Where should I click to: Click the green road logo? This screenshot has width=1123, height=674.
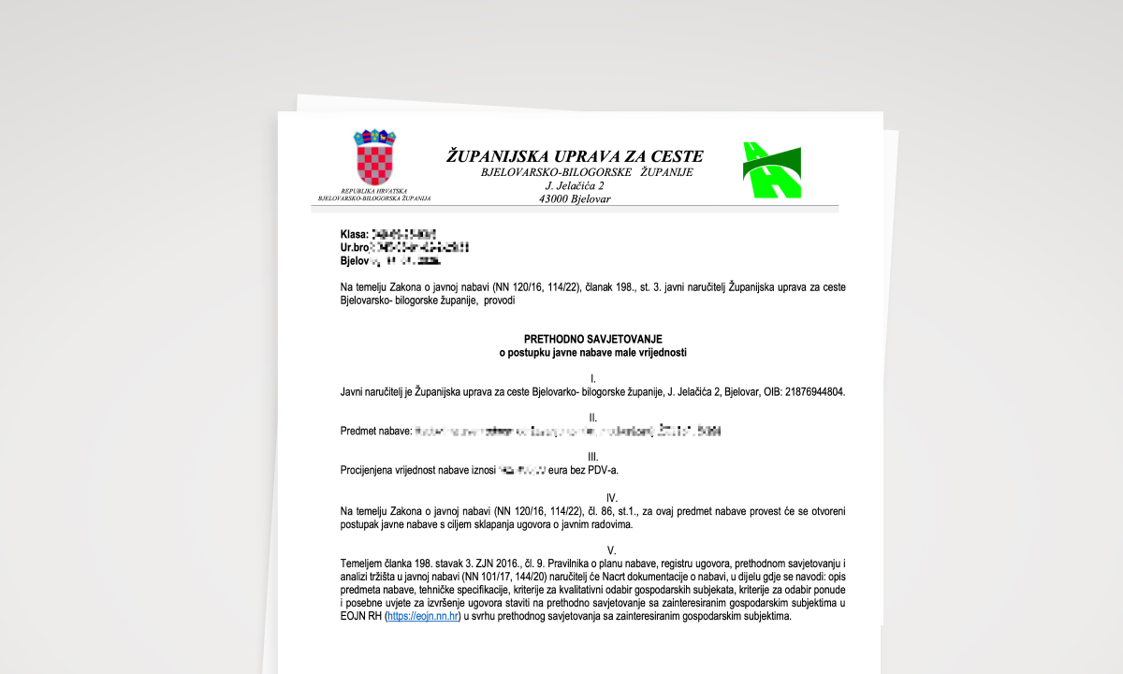point(772,170)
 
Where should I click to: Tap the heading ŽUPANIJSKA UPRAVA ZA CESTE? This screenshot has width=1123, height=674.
point(575,156)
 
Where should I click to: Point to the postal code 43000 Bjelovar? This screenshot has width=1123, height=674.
point(575,199)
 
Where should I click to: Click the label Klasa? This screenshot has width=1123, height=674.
point(355,233)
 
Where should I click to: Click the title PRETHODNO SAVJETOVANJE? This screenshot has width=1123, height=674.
point(592,339)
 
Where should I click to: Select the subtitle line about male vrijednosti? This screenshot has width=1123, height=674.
point(592,353)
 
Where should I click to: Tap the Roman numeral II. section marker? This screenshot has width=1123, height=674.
point(592,418)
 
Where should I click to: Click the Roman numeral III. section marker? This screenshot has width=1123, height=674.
point(592,457)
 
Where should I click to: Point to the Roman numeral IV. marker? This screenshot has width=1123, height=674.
point(612,498)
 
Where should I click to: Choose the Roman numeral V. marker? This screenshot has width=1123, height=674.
point(612,550)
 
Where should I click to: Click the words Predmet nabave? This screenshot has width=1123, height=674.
point(375,432)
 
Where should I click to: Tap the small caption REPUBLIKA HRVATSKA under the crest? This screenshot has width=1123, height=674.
point(373,191)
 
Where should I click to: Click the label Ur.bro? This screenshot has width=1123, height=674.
point(355,247)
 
